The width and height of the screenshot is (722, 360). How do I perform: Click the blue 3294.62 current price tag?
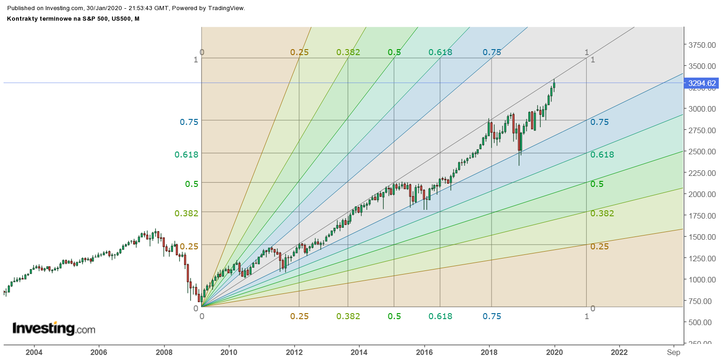pos(702,83)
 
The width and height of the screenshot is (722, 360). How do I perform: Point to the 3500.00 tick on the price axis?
pos(702,66)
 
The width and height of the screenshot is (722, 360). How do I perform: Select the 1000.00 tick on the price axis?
pos(702,280)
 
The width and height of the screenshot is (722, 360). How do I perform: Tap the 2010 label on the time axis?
pos(229,352)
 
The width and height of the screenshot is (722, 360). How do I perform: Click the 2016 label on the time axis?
pos(424,352)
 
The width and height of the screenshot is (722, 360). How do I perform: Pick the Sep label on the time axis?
pos(673,352)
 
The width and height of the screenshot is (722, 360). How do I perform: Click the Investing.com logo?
pos(54,328)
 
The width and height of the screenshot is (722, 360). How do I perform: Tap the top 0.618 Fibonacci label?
pos(440,52)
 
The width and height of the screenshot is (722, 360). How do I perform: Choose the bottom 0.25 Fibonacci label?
pos(299,316)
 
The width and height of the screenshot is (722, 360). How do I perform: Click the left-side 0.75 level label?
pos(189,122)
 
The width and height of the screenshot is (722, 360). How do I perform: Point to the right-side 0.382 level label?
pos(602,214)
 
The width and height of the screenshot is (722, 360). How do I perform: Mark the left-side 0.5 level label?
pos(192,184)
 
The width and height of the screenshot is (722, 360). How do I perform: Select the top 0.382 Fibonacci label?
pos(348,52)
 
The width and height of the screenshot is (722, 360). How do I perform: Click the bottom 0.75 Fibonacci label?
pos(492,316)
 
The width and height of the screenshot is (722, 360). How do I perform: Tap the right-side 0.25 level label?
pos(599,247)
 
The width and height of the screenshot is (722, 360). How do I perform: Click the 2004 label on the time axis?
pos(34,352)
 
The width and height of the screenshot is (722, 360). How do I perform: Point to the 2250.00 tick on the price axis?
pos(702,173)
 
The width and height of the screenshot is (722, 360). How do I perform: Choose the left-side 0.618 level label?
pos(186,155)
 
